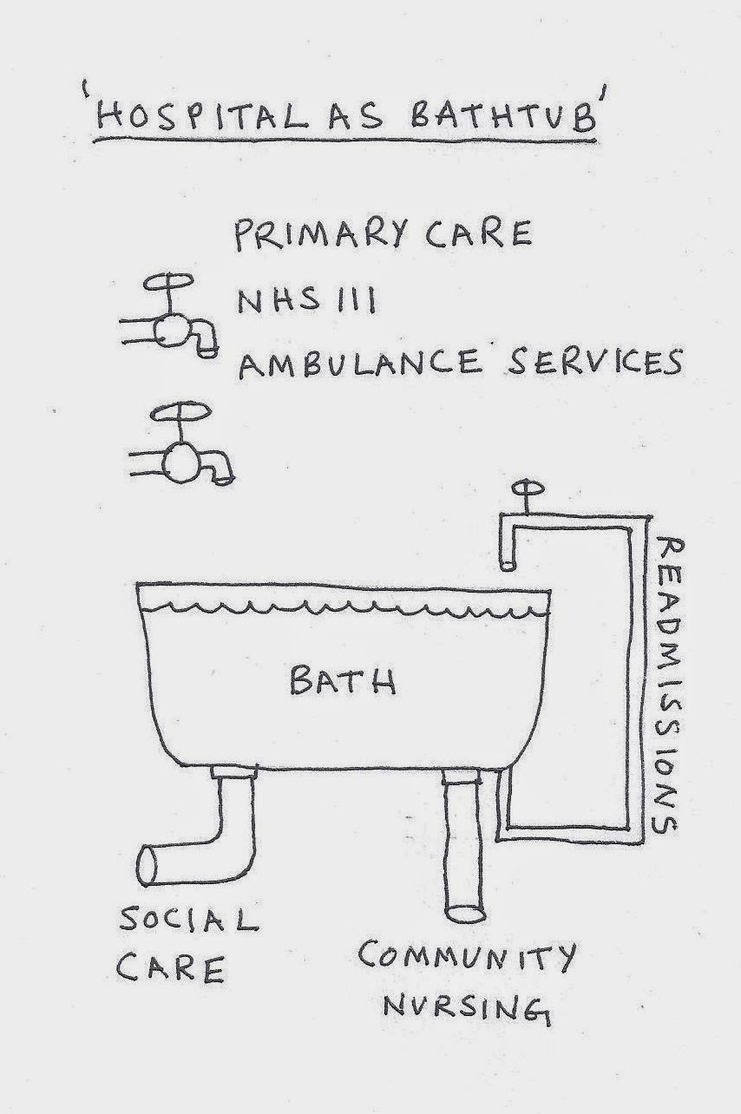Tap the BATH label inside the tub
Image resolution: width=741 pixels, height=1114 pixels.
click(343, 680)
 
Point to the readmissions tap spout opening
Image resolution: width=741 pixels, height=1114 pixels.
click(508, 566)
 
